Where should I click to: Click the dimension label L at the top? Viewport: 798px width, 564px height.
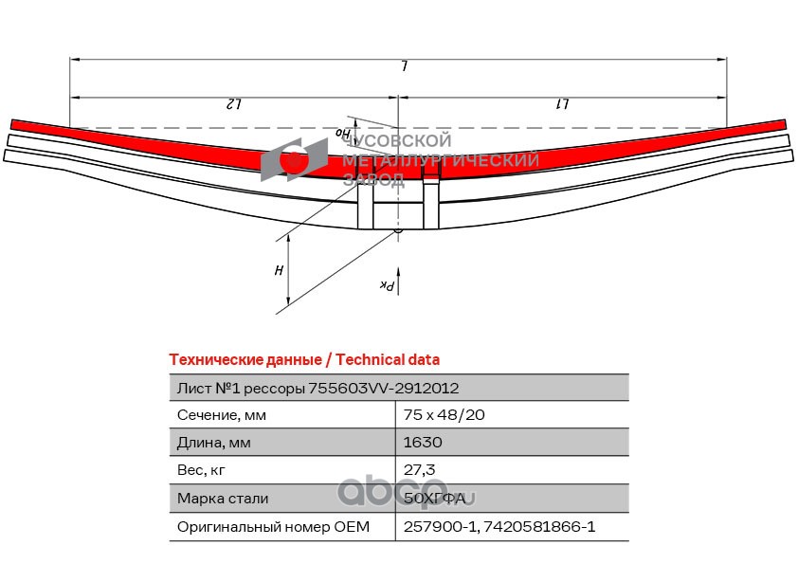404,67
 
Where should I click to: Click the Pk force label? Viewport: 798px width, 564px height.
386,284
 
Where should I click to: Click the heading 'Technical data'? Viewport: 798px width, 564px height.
388,360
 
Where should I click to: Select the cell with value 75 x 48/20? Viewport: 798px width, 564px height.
444,415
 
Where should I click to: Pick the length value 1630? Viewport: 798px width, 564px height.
423,443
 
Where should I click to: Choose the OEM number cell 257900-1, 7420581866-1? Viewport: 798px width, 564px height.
499,526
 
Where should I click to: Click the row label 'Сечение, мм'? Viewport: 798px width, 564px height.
222,415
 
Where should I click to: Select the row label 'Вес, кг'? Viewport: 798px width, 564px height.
202,470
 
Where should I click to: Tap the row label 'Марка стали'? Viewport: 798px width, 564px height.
222,499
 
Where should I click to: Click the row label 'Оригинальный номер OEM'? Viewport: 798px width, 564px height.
273,526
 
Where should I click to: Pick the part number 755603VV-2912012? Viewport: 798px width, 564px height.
387,388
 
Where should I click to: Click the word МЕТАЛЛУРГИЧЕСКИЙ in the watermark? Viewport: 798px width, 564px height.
441,161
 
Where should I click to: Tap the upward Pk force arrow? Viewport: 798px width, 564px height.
399,279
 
